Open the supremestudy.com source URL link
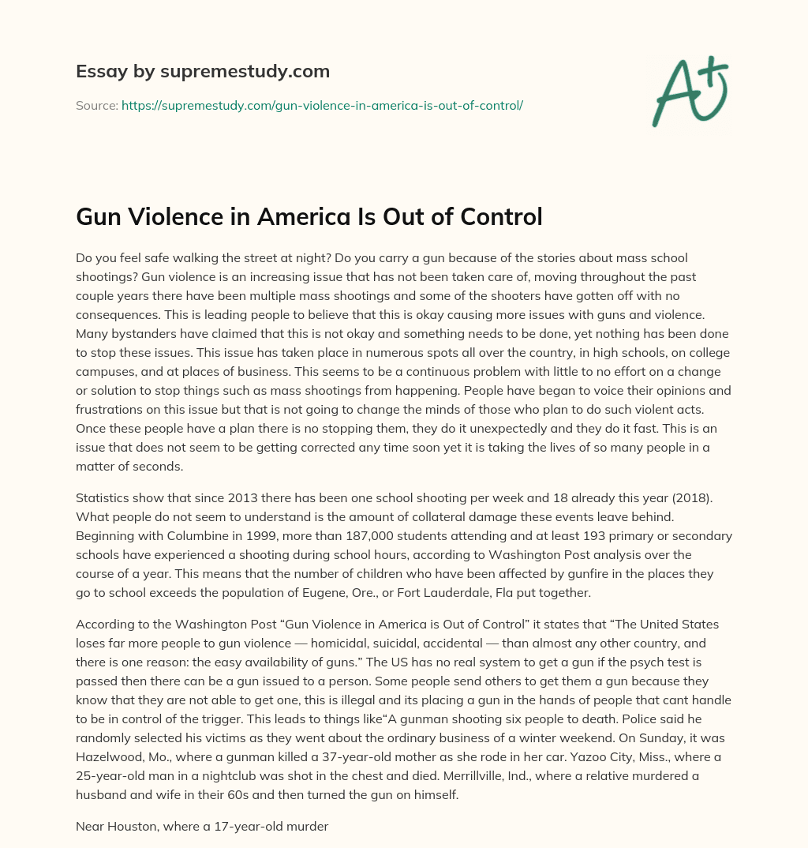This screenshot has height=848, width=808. (x=322, y=104)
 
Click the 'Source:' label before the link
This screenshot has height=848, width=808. (x=96, y=104)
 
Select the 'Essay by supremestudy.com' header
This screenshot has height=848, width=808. (x=202, y=71)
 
